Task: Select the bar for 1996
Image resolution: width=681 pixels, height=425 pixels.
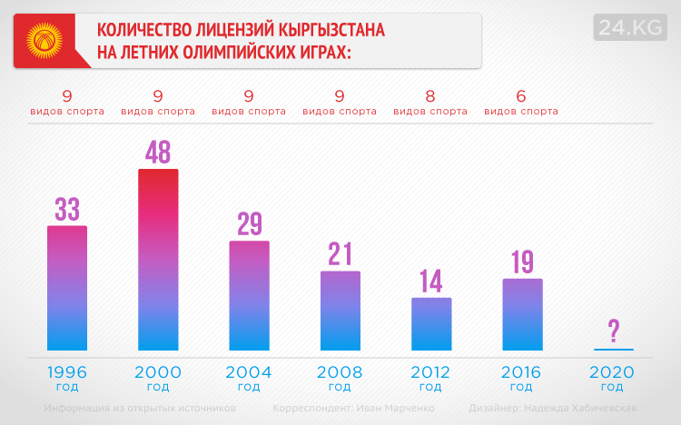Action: click(x=67, y=288)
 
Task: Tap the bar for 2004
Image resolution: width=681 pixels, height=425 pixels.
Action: click(x=249, y=295)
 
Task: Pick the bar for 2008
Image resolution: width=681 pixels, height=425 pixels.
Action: click(x=340, y=311)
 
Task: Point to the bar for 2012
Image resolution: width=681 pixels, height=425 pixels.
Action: click(x=431, y=323)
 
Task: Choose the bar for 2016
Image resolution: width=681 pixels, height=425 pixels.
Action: click(x=522, y=314)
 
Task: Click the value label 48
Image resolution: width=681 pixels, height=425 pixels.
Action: click(x=158, y=152)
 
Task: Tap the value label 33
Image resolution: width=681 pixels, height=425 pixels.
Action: click(x=67, y=209)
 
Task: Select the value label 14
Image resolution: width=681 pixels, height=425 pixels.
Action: click(x=431, y=281)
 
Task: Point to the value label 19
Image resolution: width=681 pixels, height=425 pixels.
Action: click(x=522, y=262)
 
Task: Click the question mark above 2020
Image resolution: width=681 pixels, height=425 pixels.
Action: click(x=614, y=331)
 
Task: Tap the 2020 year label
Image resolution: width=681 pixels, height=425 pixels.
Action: click(x=612, y=372)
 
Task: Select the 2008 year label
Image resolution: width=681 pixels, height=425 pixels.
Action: click(x=340, y=372)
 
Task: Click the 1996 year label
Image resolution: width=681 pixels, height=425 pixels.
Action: click(x=67, y=372)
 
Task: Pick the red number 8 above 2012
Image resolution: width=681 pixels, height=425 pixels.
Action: click(x=430, y=95)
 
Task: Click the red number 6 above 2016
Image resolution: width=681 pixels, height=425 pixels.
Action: click(x=521, y=95)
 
